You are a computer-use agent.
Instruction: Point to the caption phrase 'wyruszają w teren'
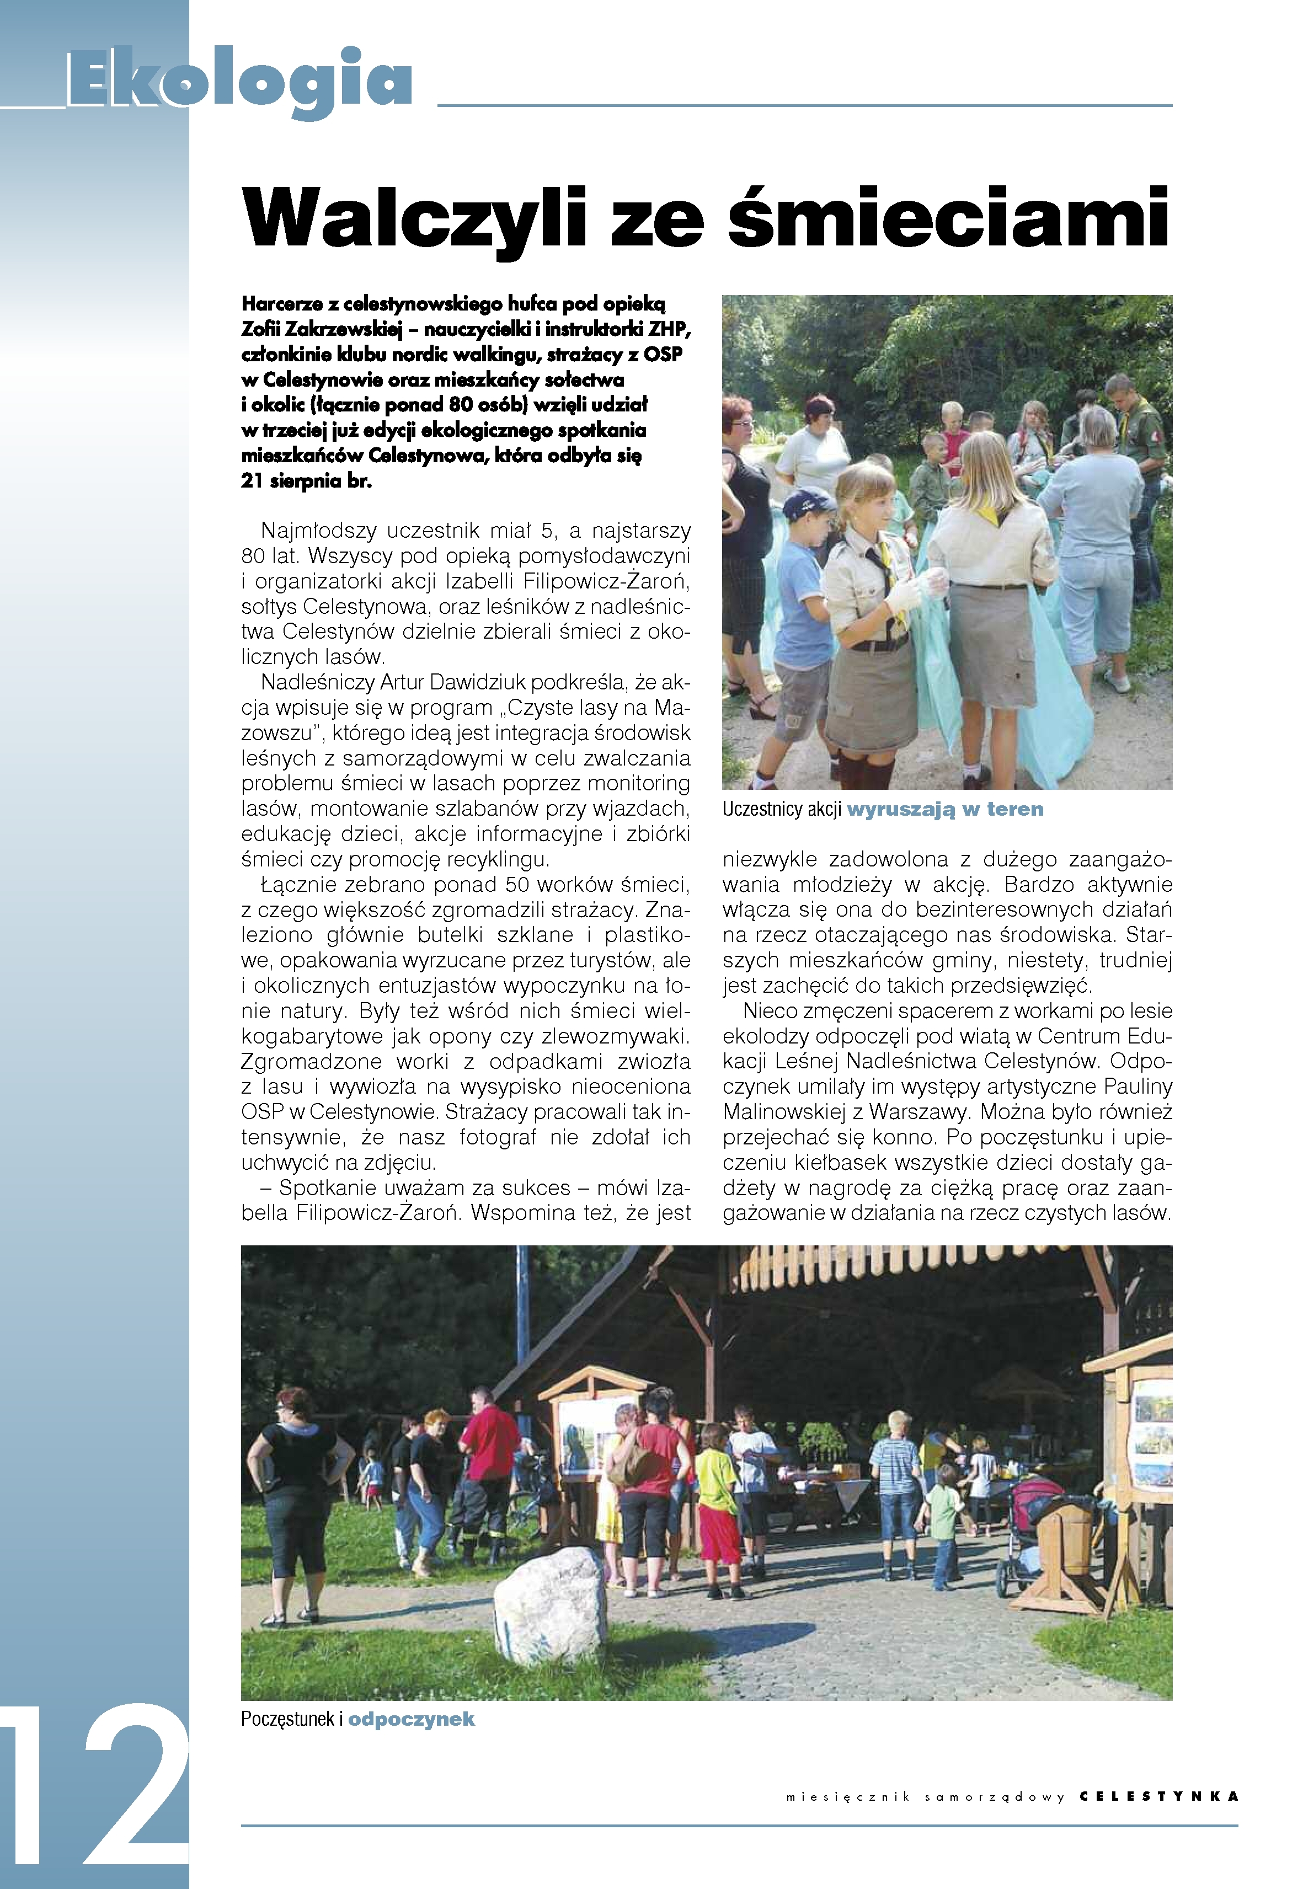click(x=946, y=809)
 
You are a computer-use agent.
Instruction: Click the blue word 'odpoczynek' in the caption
click(x=412, y=1719)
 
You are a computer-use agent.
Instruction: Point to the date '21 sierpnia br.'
click(x=306, y=481)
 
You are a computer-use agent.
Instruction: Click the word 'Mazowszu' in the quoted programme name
click(x=277, y=732)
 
